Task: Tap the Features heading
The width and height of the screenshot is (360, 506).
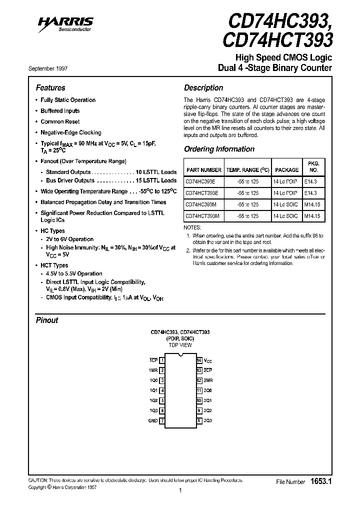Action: (50, 87)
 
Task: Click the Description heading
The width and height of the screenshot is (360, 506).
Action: (203, 87)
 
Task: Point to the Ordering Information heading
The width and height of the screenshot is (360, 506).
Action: (219, 149)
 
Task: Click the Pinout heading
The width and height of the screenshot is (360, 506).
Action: (47, 320)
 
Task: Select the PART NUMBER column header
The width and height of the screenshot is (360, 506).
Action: (203, 170)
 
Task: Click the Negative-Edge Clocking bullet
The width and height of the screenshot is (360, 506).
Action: (70, 132)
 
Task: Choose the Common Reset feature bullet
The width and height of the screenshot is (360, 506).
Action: (60, 121)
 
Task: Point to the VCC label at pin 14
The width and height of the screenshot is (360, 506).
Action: (208, 360)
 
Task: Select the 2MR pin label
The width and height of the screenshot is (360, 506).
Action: (208, 380)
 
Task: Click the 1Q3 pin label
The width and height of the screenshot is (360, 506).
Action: (153, 410)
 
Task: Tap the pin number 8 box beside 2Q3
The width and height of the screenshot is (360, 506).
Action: (199, 420)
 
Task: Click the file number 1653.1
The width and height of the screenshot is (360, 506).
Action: (321, 481)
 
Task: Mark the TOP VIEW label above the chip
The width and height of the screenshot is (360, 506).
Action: (180, 345)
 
